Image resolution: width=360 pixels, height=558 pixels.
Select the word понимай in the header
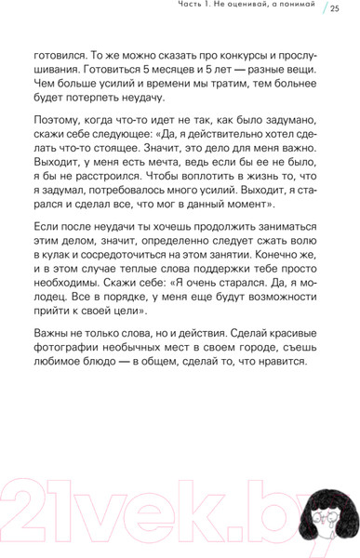coord(296,8)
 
